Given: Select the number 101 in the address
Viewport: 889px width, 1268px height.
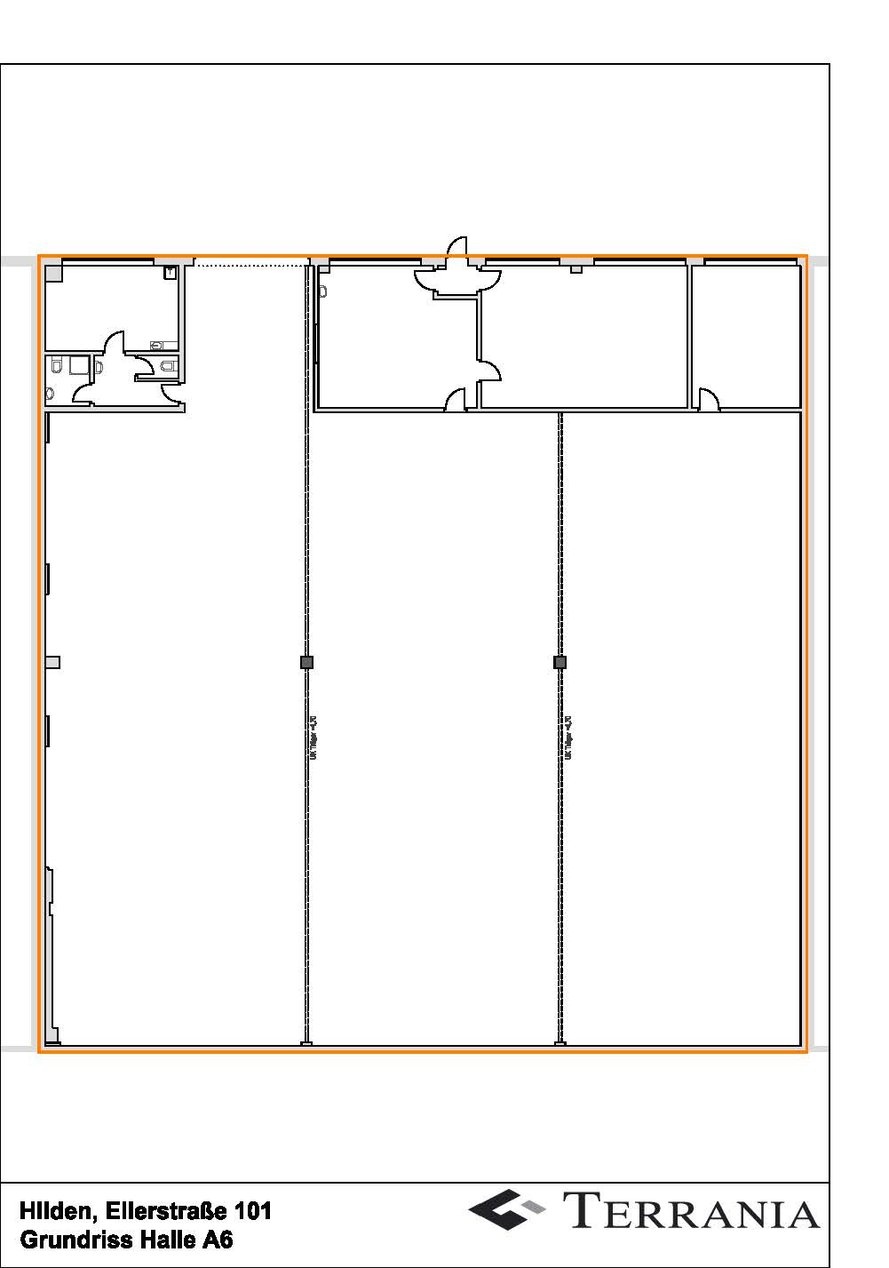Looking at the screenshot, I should (252, 1210).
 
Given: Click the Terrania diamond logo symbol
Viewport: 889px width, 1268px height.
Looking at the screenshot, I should (505, 1209).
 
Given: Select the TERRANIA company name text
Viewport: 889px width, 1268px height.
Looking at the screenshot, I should (691, 1211).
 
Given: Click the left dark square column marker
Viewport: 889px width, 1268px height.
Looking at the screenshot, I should (307, 662).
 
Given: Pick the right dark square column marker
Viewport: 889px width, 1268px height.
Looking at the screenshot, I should (560, 662).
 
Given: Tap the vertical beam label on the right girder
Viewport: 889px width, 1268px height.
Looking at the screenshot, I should (568, 738).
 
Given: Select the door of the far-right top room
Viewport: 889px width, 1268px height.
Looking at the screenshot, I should (708, 400).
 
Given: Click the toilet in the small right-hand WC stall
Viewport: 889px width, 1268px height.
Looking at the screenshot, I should (169, 365).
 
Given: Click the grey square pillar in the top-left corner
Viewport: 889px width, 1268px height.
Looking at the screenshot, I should (54, 274).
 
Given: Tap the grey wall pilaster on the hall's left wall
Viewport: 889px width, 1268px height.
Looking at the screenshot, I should (52, 662).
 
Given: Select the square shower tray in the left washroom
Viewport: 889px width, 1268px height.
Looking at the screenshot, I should (79, 365).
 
